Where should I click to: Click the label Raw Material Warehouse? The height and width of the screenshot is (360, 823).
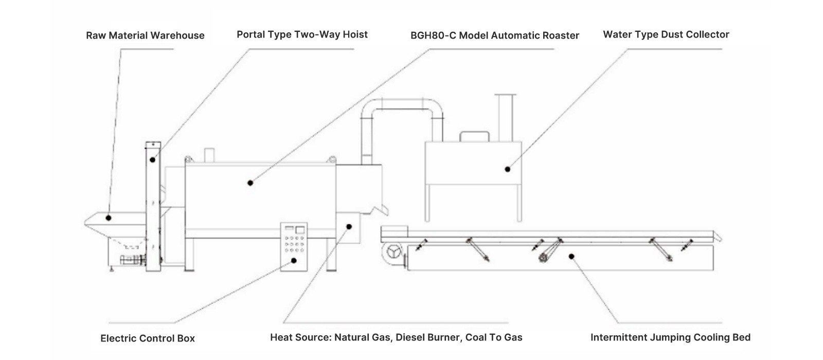point(145,35)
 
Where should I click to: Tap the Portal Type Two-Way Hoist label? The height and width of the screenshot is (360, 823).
point(302,34)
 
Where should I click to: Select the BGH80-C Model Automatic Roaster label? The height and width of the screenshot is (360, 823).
point(494,35)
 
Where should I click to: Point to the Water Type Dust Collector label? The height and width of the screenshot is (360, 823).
point(666,34)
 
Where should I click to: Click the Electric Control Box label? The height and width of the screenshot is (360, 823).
point(148,338)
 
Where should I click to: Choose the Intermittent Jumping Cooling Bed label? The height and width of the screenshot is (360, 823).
point(670,337)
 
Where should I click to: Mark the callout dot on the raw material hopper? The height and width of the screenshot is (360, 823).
point(109,218)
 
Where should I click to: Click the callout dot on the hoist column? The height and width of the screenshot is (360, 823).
point(152,160)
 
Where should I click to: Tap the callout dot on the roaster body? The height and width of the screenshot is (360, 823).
point(250,183)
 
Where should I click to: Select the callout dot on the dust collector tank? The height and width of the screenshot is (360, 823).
point(507,169)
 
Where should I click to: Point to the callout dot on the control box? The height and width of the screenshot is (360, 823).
point(294,261)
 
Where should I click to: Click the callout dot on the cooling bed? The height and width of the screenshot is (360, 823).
point(571,257)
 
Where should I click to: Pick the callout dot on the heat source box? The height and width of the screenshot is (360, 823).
point(349,227)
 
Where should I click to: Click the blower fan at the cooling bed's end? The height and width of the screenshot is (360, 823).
point(393,253)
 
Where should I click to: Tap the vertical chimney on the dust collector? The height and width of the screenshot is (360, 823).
point(505,118)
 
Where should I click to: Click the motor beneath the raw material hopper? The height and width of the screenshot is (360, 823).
point(133,259)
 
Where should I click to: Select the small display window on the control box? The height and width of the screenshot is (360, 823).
point(300,230)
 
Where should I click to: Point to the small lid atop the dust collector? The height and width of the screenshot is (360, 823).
point(474,137)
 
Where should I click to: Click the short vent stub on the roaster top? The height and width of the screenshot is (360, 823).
point(209,155)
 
